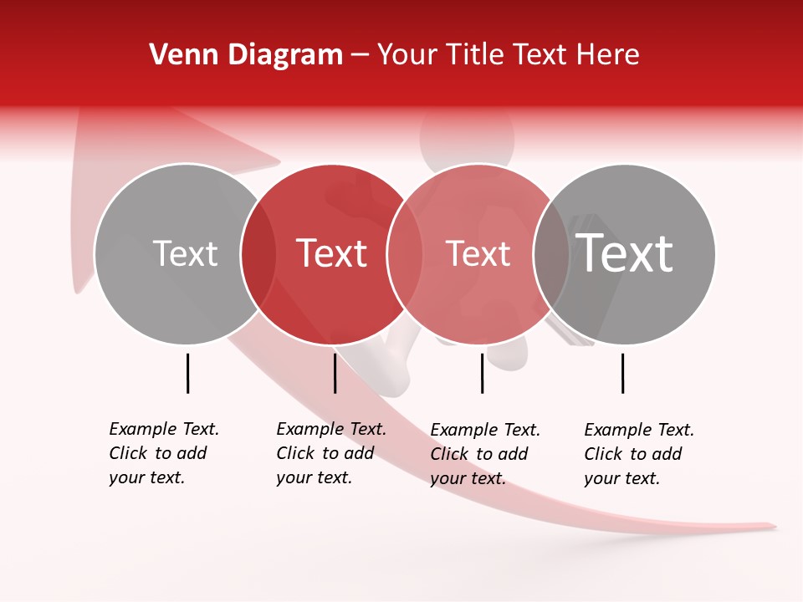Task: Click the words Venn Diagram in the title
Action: click(246, 55)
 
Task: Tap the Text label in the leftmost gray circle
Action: click(185, 253)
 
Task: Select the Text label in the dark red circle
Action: click(332, 253)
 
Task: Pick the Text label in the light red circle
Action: click(478, 253)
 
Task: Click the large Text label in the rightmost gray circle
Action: click(625, 253)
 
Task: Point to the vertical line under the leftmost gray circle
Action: click(187, 373)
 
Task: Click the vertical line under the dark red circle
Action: click(335, 373)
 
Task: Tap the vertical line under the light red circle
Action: click(482, 373)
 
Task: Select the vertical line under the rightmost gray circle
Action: click(622, 373)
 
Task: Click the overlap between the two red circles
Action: click(405, 254)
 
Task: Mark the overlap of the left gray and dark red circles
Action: click(258, 254)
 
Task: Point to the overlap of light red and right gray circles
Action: click(551, 254)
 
